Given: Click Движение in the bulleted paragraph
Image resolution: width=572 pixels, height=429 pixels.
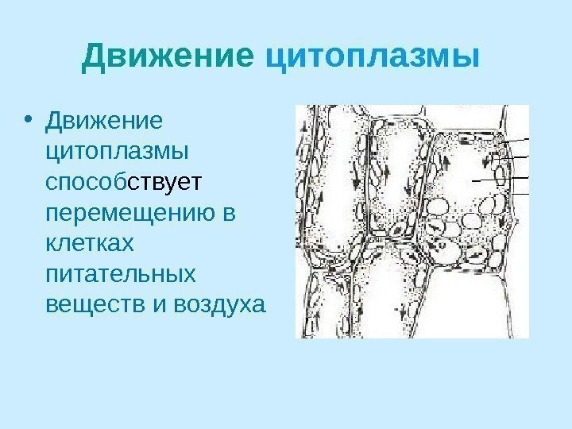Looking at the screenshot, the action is [104, 123].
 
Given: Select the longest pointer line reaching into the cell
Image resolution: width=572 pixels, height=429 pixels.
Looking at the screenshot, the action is [500, 179].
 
